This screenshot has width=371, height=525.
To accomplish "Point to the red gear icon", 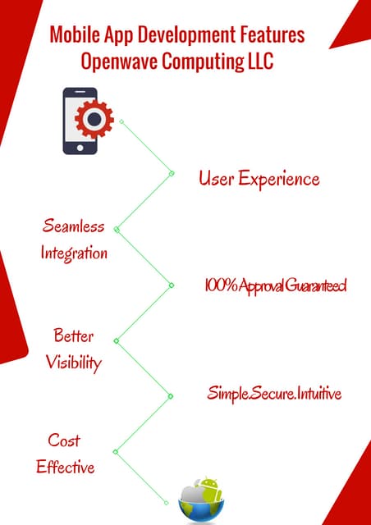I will click(x=94, y=119).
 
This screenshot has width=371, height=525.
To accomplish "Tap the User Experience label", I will click(x=259, y=179).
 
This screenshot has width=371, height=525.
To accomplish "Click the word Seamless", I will click(x=74, y=227).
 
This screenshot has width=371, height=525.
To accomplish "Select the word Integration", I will click(x=74, y=253).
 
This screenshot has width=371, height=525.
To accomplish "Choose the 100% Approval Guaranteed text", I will click(x=275, y=285).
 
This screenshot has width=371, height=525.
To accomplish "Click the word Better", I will click(x=74, y=336).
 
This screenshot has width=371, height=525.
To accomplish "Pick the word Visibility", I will click(x=74, y=362).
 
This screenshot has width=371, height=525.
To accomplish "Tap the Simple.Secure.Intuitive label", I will click(x=274, y=395).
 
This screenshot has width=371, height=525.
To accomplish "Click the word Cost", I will click(x=64, y=441).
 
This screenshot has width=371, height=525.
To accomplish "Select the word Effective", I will click(x=66, y=468).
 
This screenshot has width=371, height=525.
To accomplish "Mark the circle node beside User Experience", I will click(x=172, y=173).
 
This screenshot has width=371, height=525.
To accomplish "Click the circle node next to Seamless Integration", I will click(x=117, y=230).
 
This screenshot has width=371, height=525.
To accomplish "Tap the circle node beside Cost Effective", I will click(x=116, y=451).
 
